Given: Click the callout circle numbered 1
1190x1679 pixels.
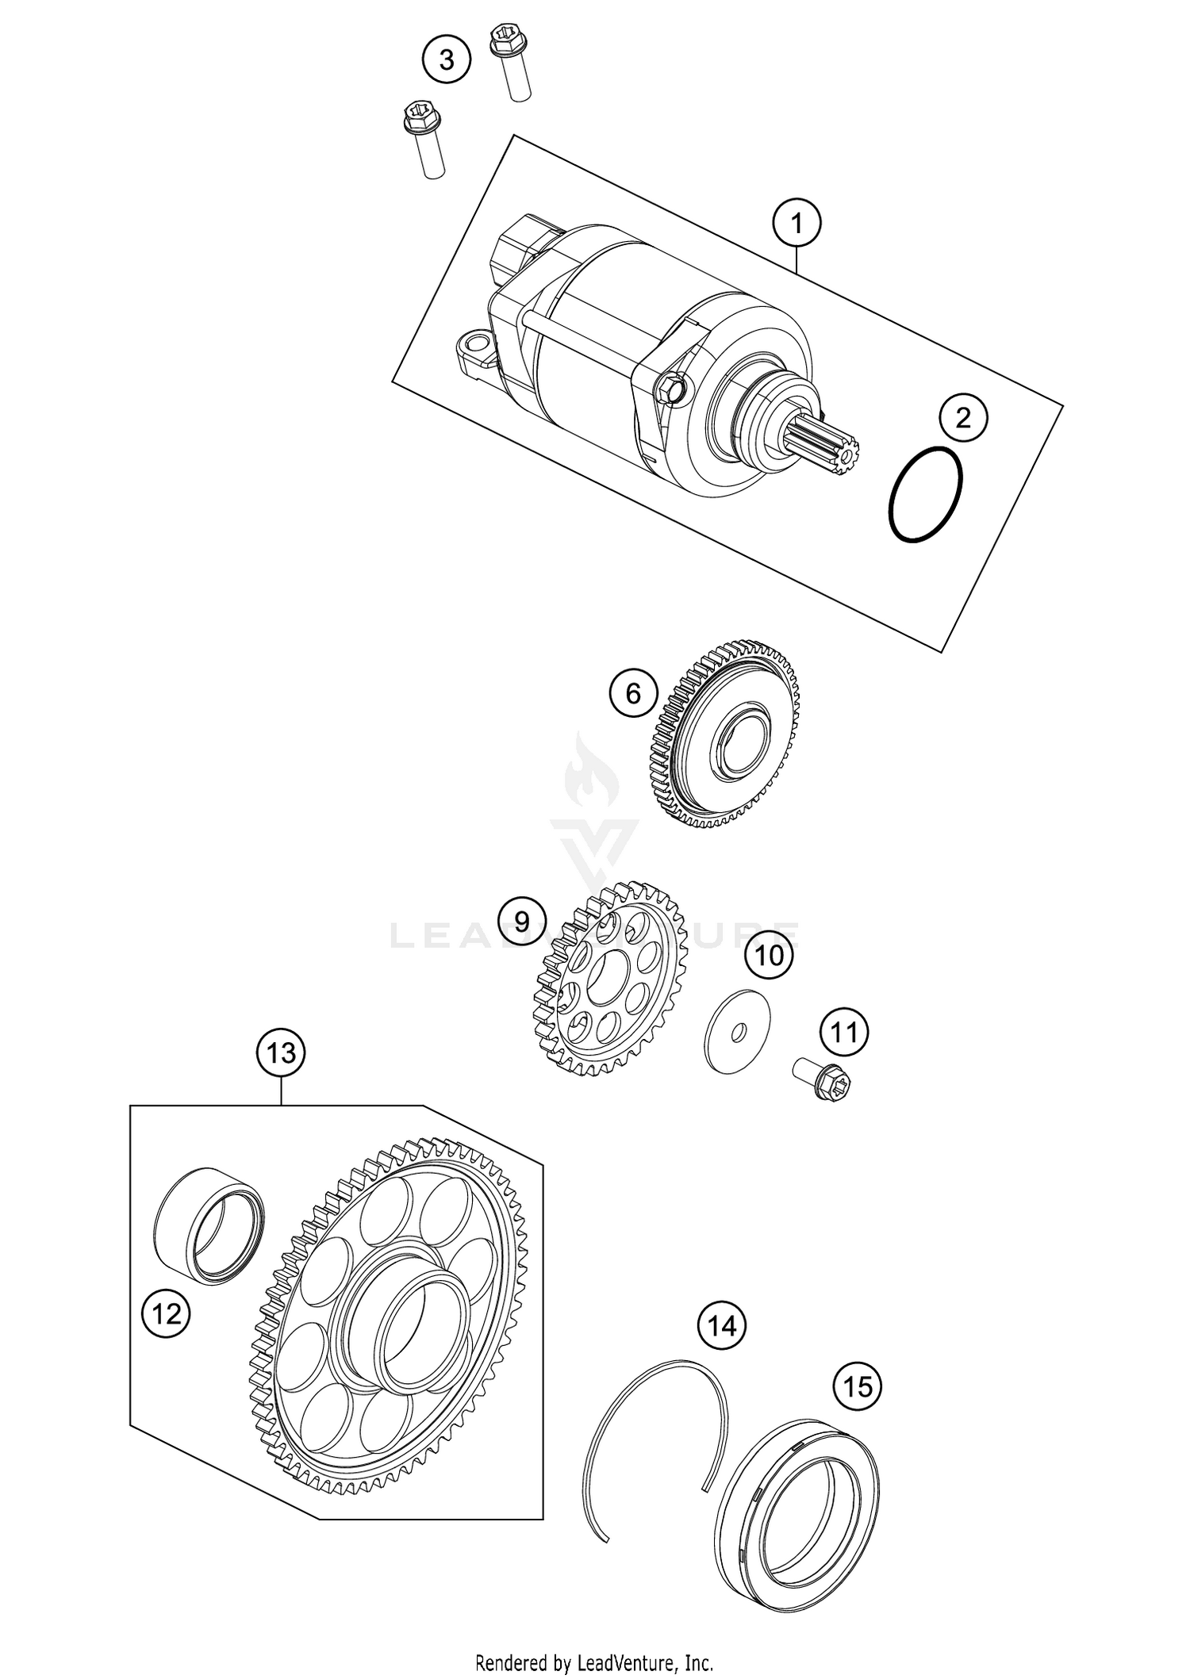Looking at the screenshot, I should tap(797, 224).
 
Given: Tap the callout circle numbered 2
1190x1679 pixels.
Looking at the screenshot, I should tap(963, 418).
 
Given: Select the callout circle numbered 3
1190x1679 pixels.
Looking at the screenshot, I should tap(446, 59).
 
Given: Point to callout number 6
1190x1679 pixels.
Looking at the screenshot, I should tap(633, 694).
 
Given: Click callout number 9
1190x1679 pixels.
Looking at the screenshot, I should tap(521, 922).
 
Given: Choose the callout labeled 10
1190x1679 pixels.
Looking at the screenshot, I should tap(769, 956).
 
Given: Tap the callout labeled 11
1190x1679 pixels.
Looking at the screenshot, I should tap(843, 1033).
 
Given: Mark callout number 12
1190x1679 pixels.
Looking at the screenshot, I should tap(167, 1315).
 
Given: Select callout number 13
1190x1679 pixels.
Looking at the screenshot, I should tap(281, 1053).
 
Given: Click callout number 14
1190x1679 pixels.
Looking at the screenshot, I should tap(722, 1326).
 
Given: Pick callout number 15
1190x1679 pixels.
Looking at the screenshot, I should tap(858, 1387).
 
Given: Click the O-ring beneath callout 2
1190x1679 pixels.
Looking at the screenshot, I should tap(925, 496).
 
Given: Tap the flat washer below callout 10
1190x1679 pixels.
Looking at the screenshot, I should tap(738, 1032).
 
